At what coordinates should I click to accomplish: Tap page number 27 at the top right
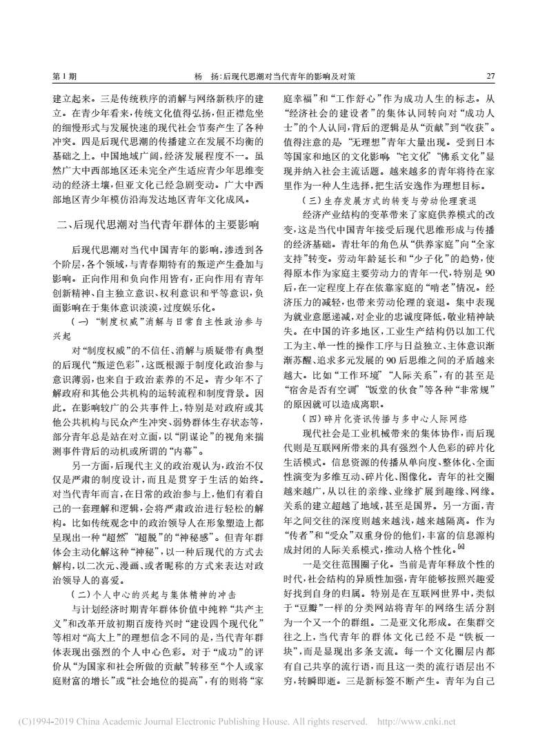[x=490, y=75]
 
